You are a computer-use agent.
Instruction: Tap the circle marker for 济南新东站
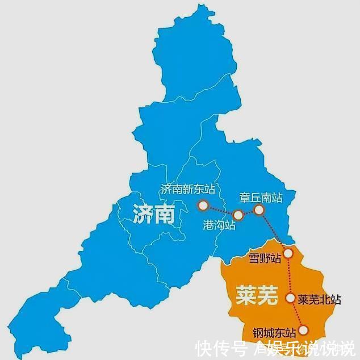coord(202,204)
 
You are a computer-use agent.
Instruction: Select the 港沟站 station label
coord(219,225)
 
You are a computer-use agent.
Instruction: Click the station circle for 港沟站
coord(238,215)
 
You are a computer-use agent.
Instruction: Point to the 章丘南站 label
coord(261,198)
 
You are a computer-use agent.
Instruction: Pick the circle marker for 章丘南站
coord(259,210)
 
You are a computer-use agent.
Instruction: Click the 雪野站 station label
coord(265,259)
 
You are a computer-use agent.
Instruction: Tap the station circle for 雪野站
coord(288,253)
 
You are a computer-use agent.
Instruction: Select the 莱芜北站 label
coord(320,299)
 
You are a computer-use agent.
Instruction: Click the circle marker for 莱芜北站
coord(290,298)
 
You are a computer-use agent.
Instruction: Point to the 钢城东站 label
coord(275,332)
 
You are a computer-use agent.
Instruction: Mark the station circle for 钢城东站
coord(303,330)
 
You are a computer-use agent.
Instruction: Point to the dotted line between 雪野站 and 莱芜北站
coord(289,275)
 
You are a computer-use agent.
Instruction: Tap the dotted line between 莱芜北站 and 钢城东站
coord(296,313)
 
